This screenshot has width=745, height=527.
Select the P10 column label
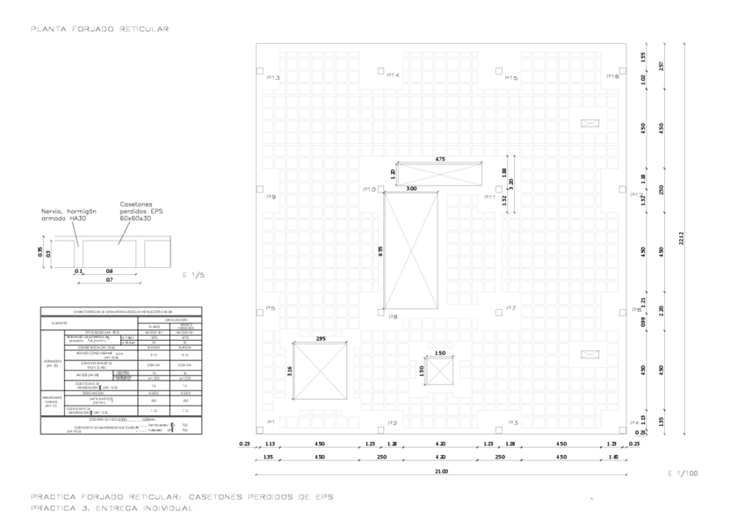tap(369, 190)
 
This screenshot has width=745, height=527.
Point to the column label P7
tap(511, 308)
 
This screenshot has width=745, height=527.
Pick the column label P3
tap(511, 423)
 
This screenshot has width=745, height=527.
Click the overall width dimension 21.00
tap(440, 472)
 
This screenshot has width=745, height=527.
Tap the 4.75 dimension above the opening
tap(440, 158)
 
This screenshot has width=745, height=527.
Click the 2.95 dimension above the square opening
tap(321, 338)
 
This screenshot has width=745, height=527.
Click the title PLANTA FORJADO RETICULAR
tap(99, 29)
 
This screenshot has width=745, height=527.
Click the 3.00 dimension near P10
tap(411, 189)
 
